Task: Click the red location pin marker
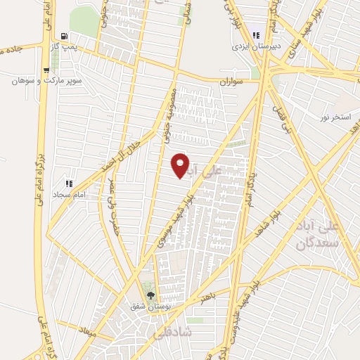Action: pyautogui.click(x=181, y=165)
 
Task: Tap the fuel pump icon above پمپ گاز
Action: pyautogui.click(x=65, y=37)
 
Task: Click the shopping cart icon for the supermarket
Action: pyautogui.click(x=46, y=70)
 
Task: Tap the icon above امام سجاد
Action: pyautogui.click(x=69, y=183)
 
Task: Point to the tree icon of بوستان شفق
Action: pyautogui.click(x=149, y=295)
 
